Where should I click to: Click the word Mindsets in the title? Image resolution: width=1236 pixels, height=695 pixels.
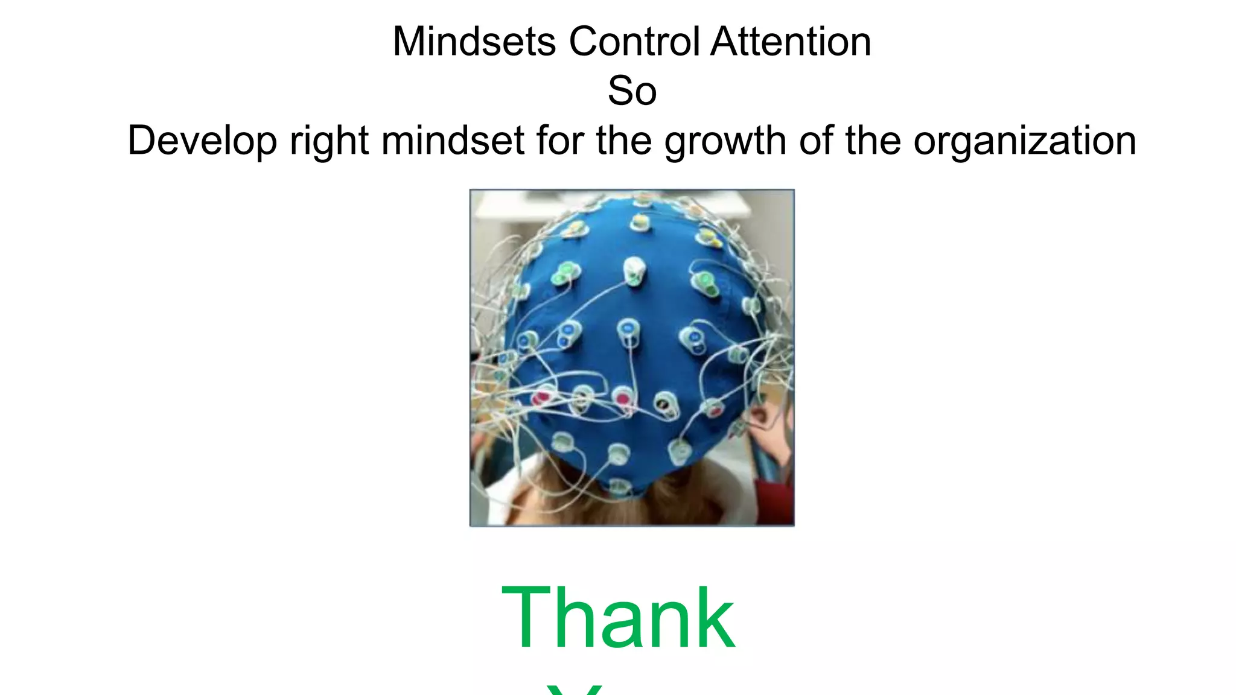474,42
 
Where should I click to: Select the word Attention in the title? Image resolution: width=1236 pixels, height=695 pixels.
791,42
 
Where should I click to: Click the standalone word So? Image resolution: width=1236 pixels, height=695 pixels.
632,91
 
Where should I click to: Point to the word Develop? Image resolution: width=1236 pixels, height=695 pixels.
202,141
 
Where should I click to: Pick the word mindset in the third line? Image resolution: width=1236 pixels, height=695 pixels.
453,141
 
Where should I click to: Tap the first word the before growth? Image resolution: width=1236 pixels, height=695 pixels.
623,141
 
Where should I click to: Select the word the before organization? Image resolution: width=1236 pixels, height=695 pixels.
873,141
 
